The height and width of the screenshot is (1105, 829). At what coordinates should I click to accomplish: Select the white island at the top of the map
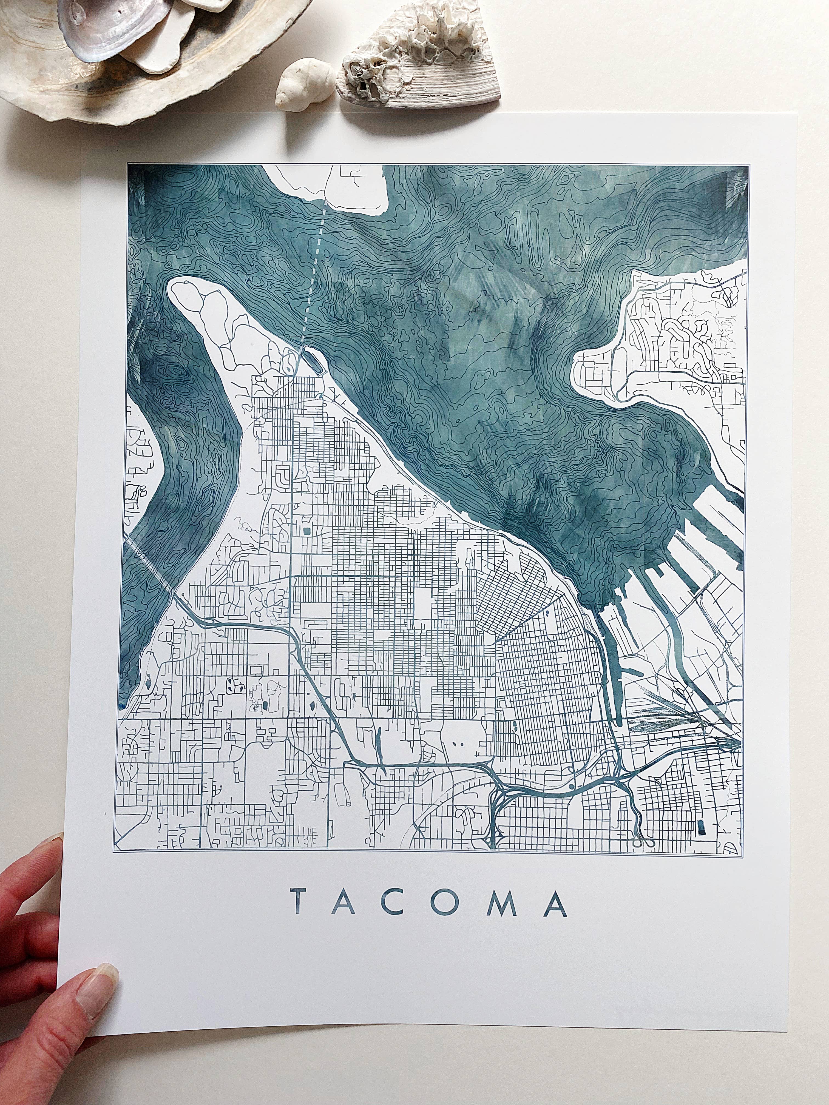[x=332, y=187]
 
